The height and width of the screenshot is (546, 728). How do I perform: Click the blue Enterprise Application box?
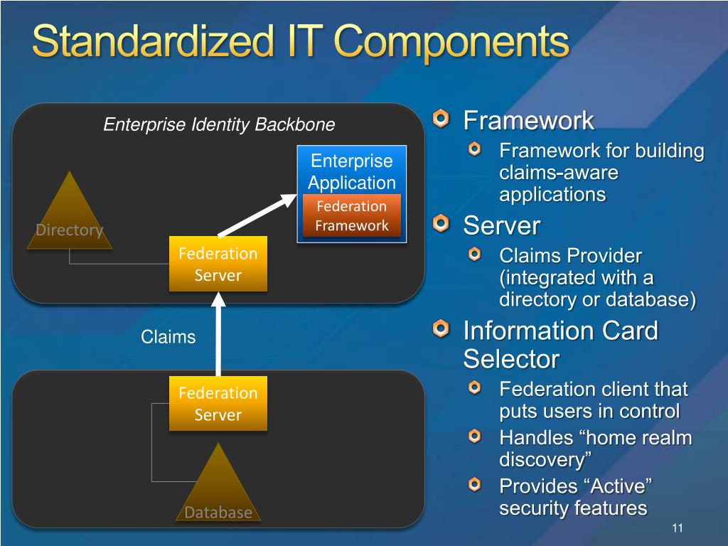351,171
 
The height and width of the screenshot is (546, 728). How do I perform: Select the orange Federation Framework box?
352,216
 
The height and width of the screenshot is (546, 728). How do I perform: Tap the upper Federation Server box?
218,264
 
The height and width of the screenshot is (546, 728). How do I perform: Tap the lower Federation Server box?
218,403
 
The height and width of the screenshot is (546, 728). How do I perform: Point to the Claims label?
168,336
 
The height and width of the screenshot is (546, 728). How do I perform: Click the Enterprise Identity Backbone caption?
219,125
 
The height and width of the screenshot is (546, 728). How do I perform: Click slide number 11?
677,528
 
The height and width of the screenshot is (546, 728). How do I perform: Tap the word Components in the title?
452,43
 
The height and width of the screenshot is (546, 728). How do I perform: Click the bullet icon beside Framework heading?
441,119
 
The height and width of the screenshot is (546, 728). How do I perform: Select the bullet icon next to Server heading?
441,224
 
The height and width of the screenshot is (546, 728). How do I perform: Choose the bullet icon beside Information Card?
441,328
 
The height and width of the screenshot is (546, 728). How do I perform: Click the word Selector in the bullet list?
510,359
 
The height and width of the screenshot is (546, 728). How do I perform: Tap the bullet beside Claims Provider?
475,254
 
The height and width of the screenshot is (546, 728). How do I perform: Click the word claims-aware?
559,173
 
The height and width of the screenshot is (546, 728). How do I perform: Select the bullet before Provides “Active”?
475,485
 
